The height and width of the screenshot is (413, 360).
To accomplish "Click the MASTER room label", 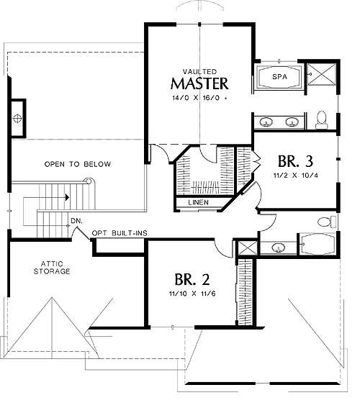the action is tap(199, 83).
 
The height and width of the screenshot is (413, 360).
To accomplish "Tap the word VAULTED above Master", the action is tap(199, 72).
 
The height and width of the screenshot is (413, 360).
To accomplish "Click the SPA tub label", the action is tap(279, 77).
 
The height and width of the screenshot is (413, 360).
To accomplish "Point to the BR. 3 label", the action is tap(295, 161).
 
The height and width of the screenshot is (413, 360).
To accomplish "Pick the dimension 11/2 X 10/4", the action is tap(296, 175).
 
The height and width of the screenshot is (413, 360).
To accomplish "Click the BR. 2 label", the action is tap(192, 279).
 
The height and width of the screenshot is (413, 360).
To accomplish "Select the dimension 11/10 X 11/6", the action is tap(192, 294).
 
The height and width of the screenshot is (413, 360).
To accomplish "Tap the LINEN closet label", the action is tap(199, 202).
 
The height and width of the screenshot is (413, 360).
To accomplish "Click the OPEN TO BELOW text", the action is tap(78, 164).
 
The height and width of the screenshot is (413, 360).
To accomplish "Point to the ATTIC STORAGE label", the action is tap(52, 268).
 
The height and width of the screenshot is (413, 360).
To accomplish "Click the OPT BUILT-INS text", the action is tap(120, 233).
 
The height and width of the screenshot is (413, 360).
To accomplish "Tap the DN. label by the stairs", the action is tap(77, 221).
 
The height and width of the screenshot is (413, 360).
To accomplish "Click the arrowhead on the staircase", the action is tap(68, 197).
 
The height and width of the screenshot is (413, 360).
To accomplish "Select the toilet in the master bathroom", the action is tap(322, 120).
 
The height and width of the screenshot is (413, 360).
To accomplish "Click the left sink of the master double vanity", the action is tap(266, 122).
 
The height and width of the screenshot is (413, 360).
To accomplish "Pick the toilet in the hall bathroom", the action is tap(327, 222).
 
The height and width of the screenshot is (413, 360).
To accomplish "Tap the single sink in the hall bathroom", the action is tap(279, 248).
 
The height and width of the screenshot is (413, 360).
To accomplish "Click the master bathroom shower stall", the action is tap(322, 75).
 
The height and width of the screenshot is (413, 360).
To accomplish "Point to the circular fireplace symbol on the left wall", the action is tap(17, 118).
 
